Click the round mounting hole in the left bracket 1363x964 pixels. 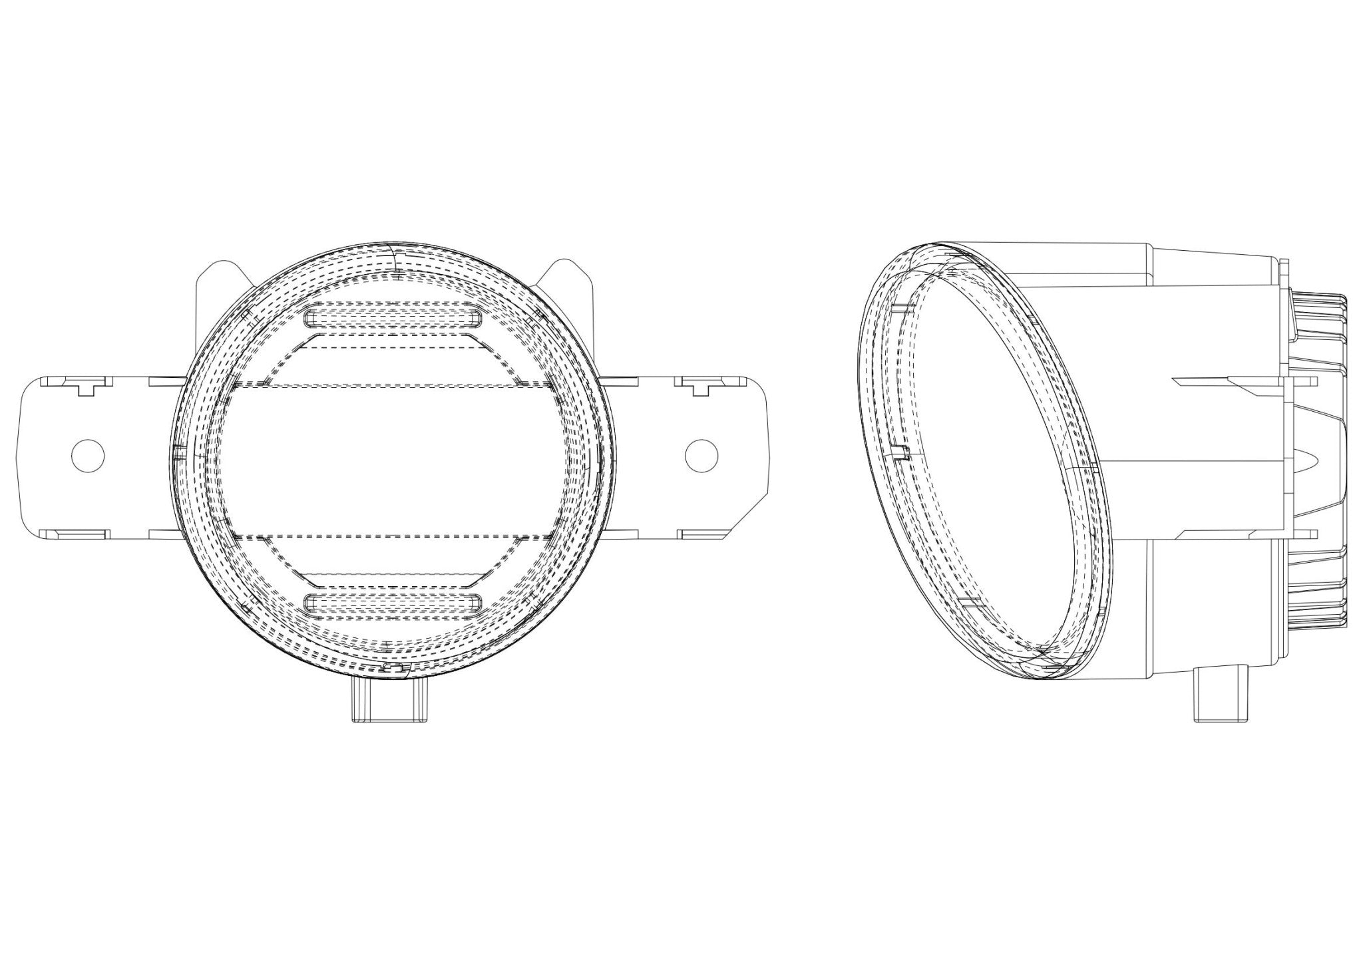pyautogui.click(x=88, y=456)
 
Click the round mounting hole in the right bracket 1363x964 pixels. pyautogui.click(x=702, y=456)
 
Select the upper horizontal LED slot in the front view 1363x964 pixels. pyautogui.click(x=393, y=317)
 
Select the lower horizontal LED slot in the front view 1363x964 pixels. pyautogui.click(x=393, y=603)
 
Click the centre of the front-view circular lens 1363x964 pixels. pyautogui.click(x=393, y=459)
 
